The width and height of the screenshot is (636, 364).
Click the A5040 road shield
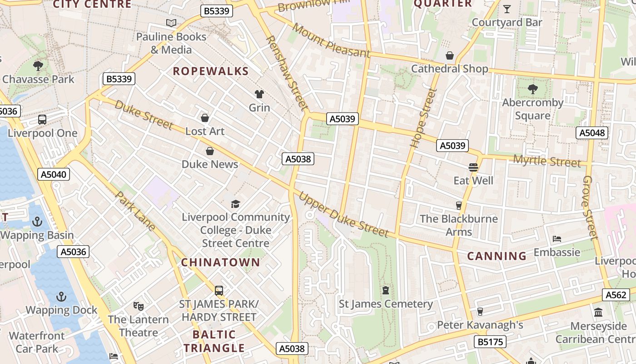(53, 174)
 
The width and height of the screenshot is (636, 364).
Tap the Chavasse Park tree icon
(38, 66)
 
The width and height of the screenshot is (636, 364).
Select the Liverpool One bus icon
(42, 120)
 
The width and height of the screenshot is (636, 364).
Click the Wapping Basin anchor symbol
(37, 222)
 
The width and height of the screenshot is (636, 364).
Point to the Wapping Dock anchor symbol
(61, 297)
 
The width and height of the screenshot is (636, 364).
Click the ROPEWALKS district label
(211, 71)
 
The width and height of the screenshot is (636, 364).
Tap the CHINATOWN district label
(221, 263)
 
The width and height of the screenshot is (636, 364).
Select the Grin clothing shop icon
(259, 94)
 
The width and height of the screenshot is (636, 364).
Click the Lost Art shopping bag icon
(205, 118)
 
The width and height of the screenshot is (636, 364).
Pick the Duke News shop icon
(210, 151)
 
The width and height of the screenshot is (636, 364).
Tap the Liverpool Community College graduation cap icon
(235, 204)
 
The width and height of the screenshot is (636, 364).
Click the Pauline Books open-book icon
(171, 23)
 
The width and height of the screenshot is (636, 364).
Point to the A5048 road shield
(592, 133)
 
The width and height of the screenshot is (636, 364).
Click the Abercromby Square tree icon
(532, 89)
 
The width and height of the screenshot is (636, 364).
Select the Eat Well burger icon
(473, 167)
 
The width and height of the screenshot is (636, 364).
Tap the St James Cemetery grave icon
(386, 290)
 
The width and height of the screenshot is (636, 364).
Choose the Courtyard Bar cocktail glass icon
(507, 9)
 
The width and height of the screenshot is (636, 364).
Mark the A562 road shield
(616, 295)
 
